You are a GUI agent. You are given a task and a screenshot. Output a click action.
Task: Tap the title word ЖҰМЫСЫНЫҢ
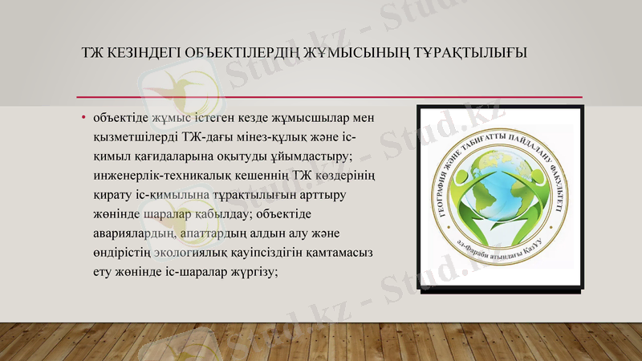click(x=368, y=54)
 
